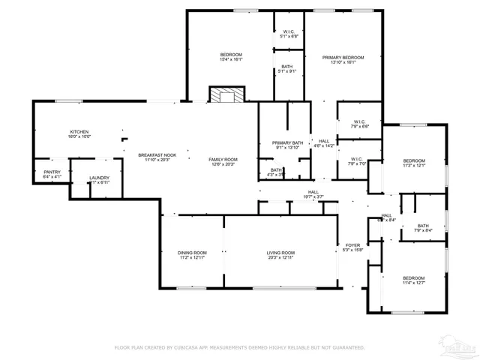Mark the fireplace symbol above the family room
click(x=226, y=96)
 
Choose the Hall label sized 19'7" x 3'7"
click(x=313, y=193)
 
